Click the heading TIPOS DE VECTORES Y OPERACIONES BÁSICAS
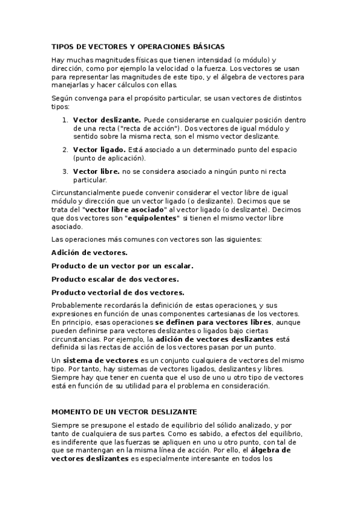[x=138, y=46]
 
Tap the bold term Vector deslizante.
[x=107, y=120]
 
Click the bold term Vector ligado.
[x=99, y=149]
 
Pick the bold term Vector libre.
[x=96, y=171]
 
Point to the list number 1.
[x=64, y=120]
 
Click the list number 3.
[x=64, y=171]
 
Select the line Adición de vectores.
[x=89, y=253]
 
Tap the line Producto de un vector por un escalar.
[x=122, y=265]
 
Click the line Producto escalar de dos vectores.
[x=115, y=279]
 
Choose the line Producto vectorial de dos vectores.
[x=118, y=292]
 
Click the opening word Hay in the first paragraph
[x=58, y=60]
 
